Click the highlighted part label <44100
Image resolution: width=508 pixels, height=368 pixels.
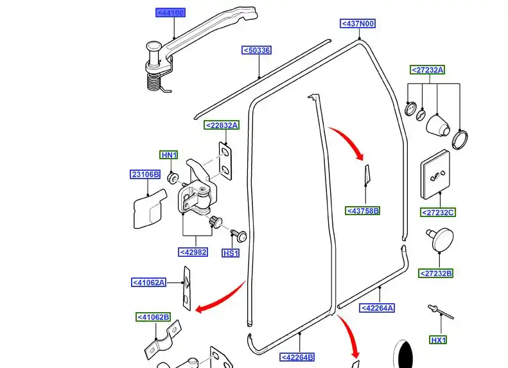click(x=170, y=13)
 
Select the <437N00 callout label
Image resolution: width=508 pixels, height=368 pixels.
click(x=358, y=23)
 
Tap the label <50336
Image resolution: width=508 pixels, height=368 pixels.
click(x=256, y=50)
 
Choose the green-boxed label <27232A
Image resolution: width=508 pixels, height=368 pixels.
click(x=427, y=69)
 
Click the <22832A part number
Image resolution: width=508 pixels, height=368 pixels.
click(x=222, y=125)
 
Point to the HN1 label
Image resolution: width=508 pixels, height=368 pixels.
click(x=169, y=155)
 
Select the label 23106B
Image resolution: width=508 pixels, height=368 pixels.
click(x=145, y=174)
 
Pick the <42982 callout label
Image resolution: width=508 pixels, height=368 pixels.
click(x=193, y=252)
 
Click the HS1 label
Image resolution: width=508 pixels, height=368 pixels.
click(x=231, y=253)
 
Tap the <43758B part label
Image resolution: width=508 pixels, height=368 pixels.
click(x=362, y=211)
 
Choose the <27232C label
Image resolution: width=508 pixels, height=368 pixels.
click(x=438, y=213)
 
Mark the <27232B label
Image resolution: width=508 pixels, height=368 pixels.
click(x=435, y=274)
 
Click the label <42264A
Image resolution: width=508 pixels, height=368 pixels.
click(x=377, y=308)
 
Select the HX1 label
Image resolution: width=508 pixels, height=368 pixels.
click(x=438, y=340)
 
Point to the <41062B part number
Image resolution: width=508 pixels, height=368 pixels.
click(x=153, y=317)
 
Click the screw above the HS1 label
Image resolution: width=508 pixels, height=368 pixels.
click(x=239, y=236)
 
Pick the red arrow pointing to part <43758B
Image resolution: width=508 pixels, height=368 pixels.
click(x=349, y=141)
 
